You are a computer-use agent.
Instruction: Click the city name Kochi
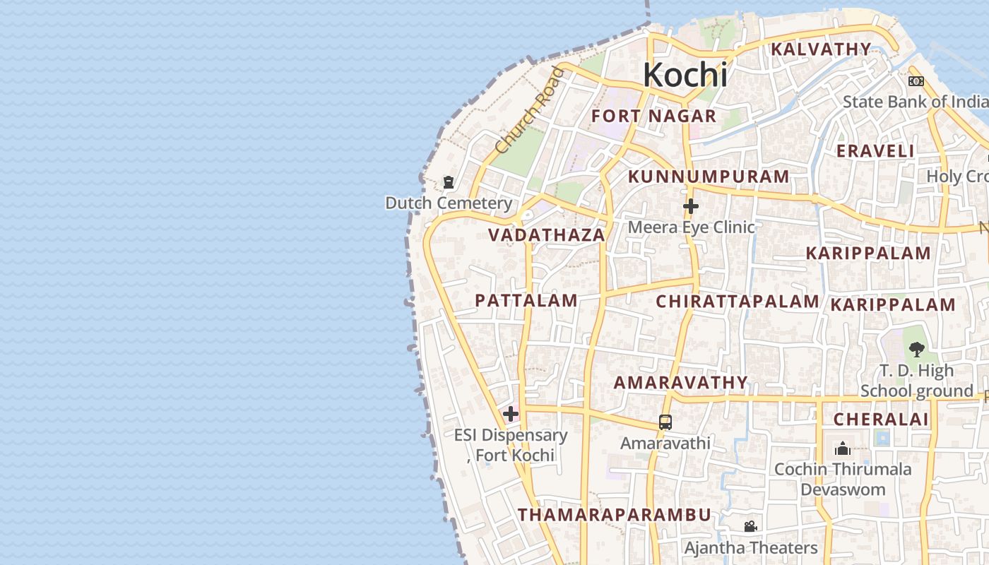(x=685, y=75)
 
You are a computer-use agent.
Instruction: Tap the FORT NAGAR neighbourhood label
(x=653, y=117)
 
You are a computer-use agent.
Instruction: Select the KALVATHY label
(x=821, y=49)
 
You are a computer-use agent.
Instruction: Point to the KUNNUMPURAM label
(x=709, y=177)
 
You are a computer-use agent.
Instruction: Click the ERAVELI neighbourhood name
(x=875, y=151)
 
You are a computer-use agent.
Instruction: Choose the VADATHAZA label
(x=547, y=235)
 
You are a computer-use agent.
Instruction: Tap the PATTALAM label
(x=526, y=301)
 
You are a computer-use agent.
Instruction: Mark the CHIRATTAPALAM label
(x=738, y=302)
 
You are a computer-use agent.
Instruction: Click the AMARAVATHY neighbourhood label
(x=680, y=383)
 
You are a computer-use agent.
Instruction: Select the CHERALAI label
(x=881, y=420)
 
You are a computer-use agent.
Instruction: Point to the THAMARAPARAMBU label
(x=614, y=515)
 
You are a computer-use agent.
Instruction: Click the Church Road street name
(x=531, y=111)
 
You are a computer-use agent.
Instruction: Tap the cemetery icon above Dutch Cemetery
(x=449, y=183)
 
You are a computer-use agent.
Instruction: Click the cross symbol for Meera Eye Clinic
(x=691, y=206)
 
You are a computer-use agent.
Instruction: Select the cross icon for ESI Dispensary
(x=511, y=414)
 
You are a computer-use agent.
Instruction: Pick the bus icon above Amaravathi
(x=665, y=422)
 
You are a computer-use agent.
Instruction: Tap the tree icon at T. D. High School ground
(x=916, y=349)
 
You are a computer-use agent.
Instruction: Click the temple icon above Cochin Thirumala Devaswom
(x=842, y=448)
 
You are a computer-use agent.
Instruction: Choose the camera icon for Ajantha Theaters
(x=750, y=526)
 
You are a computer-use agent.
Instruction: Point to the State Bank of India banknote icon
(x=916, y=81)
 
